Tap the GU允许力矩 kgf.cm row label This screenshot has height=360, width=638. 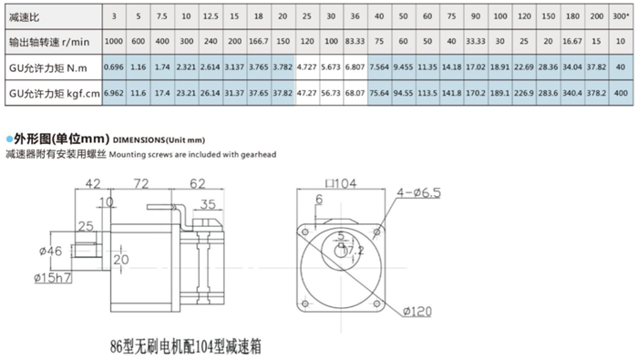point(45,93)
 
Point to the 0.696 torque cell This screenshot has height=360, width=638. point(113,67)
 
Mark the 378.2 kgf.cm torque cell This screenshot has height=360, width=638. point(596,93)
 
